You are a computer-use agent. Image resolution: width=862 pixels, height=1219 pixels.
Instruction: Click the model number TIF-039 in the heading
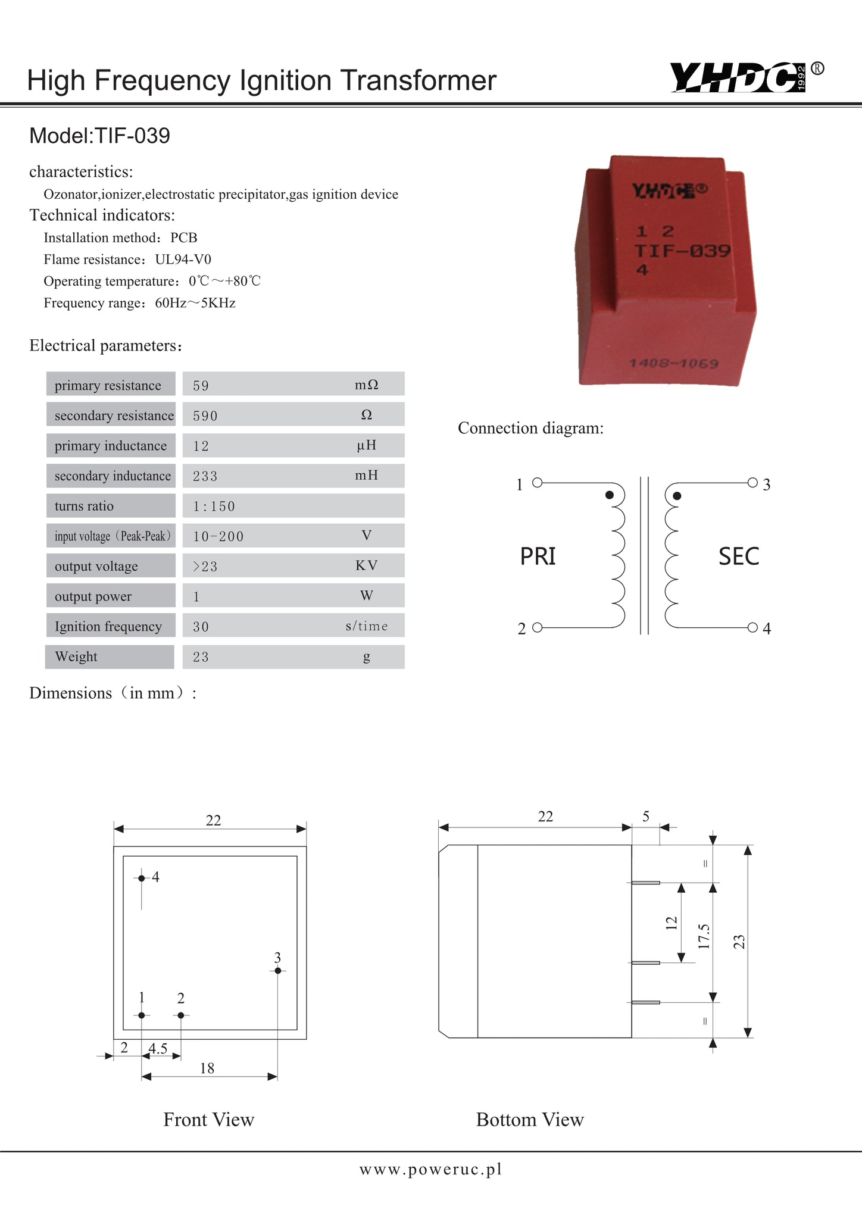tap(132, 136)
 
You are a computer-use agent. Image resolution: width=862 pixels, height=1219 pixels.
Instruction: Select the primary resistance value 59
tap(201, 386)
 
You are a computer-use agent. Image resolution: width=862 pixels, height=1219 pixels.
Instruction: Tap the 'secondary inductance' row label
tap(113, 476)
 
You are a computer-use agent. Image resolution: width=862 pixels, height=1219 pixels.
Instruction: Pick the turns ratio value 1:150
tap(214, 507)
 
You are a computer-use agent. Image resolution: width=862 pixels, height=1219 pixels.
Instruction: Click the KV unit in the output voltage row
tap(366, 565)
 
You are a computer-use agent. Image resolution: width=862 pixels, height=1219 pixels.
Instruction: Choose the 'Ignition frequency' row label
tap(108, 626)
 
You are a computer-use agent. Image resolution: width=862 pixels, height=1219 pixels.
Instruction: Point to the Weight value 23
tap(201, 657)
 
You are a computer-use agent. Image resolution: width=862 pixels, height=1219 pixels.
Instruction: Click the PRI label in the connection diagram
tap(538, 557)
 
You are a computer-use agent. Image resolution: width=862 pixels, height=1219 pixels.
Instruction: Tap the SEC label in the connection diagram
tap(738, 557)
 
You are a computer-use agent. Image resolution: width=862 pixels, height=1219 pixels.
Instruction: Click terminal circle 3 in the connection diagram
tap(752, 482)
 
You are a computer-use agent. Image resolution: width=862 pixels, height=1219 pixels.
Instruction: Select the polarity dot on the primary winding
tap(609, 495)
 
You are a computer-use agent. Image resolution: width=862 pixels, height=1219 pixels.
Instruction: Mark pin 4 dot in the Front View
tap(142, 878)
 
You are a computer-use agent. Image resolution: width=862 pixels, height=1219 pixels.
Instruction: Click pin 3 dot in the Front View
tap(277, 971)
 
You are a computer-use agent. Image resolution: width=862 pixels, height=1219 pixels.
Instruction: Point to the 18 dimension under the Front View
tap(207, 1068)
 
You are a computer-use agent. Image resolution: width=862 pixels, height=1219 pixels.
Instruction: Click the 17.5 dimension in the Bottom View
tap(704, 936)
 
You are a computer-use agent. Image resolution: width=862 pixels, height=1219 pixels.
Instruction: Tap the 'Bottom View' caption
tap(530, 1120)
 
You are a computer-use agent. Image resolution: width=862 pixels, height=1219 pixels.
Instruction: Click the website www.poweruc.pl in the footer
tap(430, 1170)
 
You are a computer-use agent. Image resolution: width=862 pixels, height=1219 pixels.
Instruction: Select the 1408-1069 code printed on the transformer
tap(673, 363)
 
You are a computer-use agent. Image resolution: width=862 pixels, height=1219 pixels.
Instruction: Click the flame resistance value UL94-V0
tap(183, 260)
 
